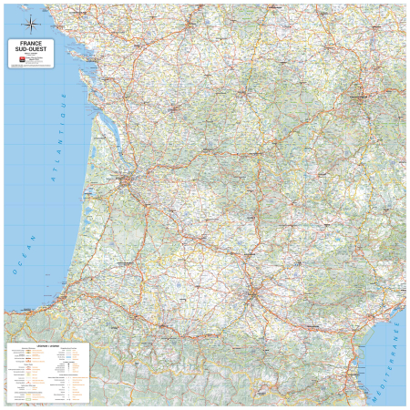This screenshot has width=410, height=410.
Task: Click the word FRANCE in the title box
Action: tap(32, 43)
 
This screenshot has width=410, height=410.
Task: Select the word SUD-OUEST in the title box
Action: tap(32, 49)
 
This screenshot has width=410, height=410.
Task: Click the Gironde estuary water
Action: tap(103, 148)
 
